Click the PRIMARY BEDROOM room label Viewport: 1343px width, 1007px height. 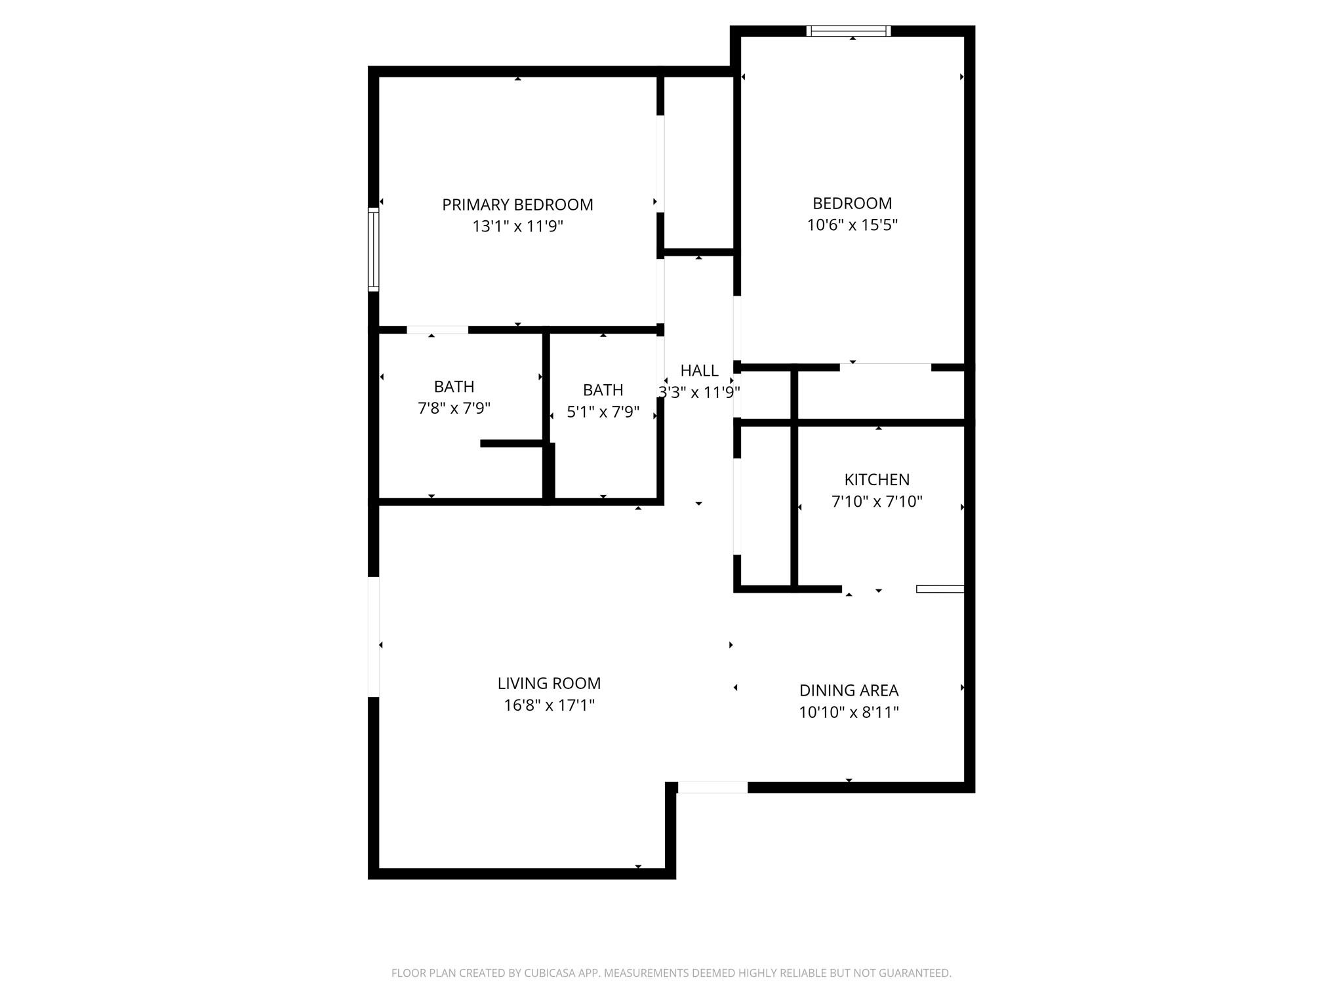(x=517, y=205)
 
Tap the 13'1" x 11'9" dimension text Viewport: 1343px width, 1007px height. (x=517, y=227)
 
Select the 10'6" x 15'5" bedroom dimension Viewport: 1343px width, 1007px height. (x=852, y=225)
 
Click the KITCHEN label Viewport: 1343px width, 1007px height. (x=877, y=479)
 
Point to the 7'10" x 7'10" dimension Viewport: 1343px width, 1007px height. (x=877, y=502)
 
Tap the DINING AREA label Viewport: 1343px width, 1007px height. (x=849, y=690)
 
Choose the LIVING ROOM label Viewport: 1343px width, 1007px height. (x=549, y=683)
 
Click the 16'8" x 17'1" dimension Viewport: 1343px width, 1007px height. (x=549, y=705)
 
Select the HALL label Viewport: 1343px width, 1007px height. (x=699, y=370)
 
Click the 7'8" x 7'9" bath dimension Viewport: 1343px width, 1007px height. (x=454, y=408)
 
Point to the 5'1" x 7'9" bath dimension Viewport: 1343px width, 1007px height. (x=603, y=412)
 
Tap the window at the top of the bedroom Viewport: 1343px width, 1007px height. (x=849, y=31)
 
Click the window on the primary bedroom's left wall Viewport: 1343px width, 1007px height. (x=374, y=249)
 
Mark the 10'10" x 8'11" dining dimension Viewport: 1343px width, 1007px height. (x=849, y=712)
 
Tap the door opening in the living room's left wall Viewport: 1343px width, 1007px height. (x=374, y=636)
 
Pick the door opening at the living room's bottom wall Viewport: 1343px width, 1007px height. (x=712, y=787)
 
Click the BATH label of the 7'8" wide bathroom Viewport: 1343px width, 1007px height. (x=454, y=387)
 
